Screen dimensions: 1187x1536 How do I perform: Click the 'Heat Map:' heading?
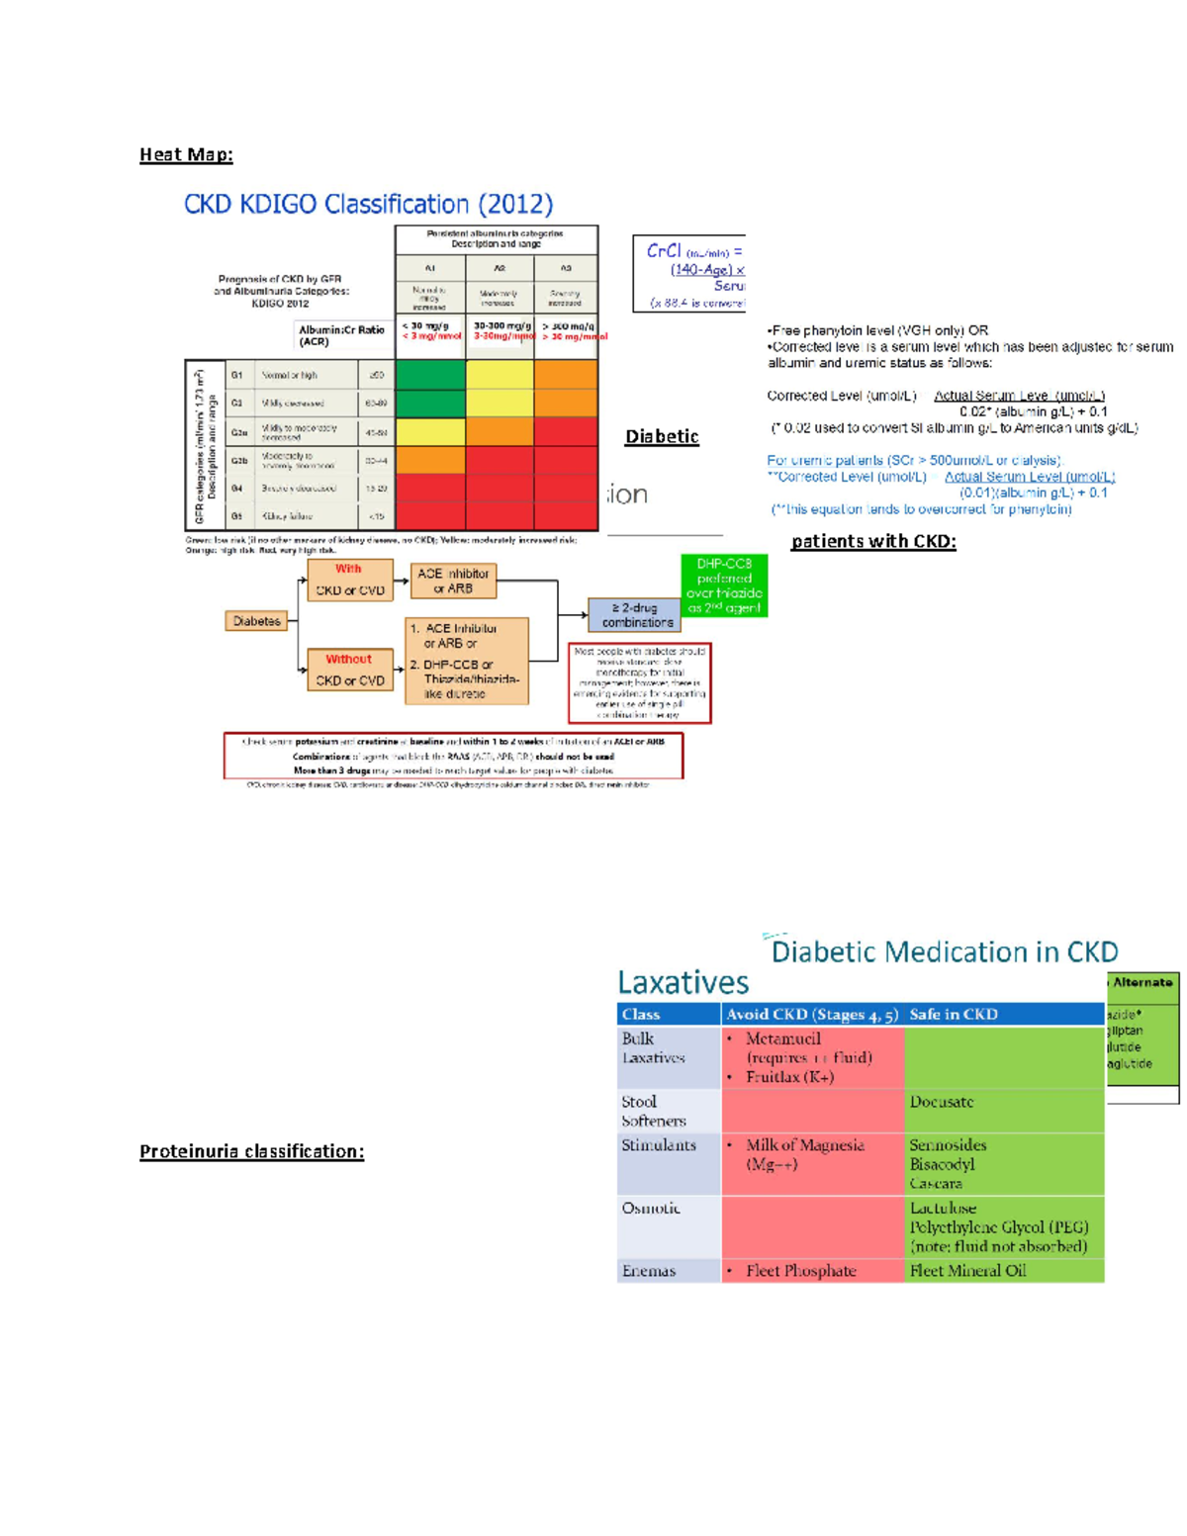click(x=186, y=154)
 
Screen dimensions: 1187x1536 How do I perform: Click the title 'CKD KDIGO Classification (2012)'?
click(x=368, y=204)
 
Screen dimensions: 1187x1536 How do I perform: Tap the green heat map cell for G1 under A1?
click(x=429, y=375)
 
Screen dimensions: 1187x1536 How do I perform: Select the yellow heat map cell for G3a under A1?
click(x=429, y=432)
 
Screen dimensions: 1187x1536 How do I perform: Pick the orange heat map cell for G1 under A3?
click(x=566, y=375)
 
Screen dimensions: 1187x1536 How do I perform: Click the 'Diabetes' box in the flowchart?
click(x=257, y=621)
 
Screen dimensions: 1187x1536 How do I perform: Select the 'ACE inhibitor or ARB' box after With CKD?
click(x=452, y=581)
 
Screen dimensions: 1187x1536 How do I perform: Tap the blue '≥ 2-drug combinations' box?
click(x=637, y=615)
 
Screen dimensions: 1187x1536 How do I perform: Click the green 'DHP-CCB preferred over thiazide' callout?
click(x=724, y=586)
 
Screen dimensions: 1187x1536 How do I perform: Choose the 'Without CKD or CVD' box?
click(x=349, y=670)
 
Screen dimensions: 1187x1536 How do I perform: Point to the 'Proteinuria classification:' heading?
click(x=251, y=1151)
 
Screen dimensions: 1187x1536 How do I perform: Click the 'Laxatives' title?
click(x=683, y=982)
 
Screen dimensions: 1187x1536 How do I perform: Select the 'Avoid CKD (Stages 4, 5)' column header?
click(x=811, y=1014)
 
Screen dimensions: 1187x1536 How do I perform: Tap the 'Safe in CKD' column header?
click(x=954, y=1014)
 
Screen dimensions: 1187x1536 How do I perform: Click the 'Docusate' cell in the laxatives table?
click(x=942, y=1102)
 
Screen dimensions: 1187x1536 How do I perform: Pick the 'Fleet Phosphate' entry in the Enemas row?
click(x=800, y=1271)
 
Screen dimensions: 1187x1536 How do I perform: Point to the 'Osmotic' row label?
click(x=651, y=1209)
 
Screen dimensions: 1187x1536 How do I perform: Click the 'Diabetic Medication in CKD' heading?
click(x=944, y=951)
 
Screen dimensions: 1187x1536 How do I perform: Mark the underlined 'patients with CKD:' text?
click(x=873, y=541)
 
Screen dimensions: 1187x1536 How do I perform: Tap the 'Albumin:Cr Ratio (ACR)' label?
click(x=341, y=335)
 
